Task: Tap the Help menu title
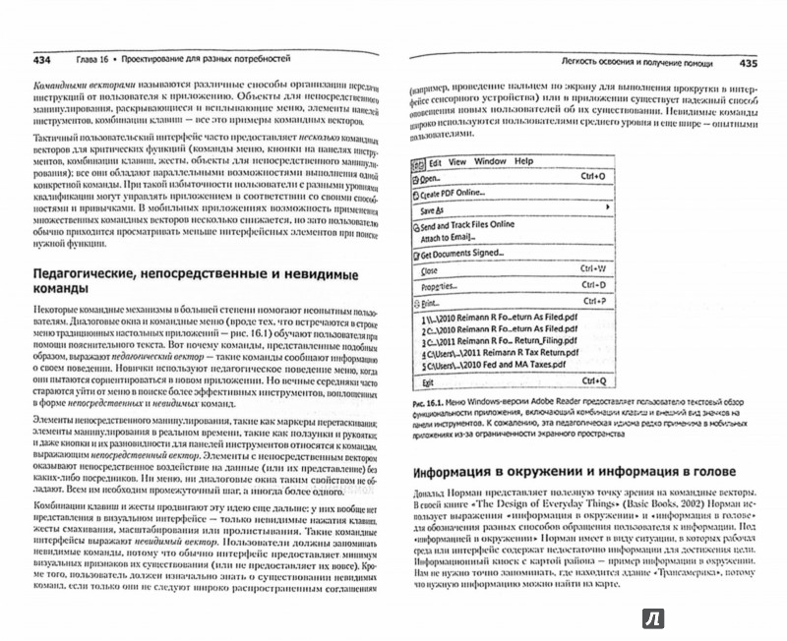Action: click(x=523, y=160)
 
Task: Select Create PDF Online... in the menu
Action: click(x=458, y=195)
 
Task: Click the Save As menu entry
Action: click(x=433, y=210)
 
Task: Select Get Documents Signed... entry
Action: click(x=465, y=255)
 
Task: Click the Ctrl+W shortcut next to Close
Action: click(x=593, y=269)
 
